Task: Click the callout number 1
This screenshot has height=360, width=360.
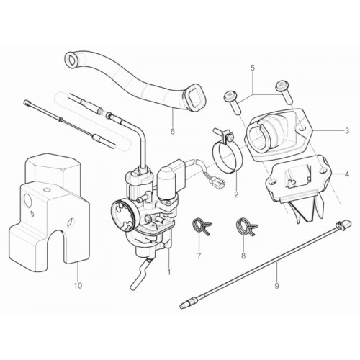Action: [x=169, y=272]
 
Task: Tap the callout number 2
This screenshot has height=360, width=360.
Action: [x=236, y=194]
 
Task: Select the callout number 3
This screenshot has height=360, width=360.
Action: [x=347, y=131]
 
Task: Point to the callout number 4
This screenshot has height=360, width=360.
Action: [x=347, y=174]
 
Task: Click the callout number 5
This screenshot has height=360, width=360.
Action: [x=253, y=68]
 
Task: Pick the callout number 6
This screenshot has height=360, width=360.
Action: [x=173, y=131]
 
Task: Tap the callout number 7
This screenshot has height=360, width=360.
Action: [x=199, y=256]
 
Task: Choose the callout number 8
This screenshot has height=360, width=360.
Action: [x=243, y=256]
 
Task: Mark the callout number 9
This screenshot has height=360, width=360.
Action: [x=276, y=286]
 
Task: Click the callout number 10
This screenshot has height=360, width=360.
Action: [x=78, y=286]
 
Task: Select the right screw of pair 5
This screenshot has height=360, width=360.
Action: [x=284, y=91]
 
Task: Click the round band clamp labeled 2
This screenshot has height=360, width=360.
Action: [x=228, y=157]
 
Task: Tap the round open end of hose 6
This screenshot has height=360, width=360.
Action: [x=71, y=59]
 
